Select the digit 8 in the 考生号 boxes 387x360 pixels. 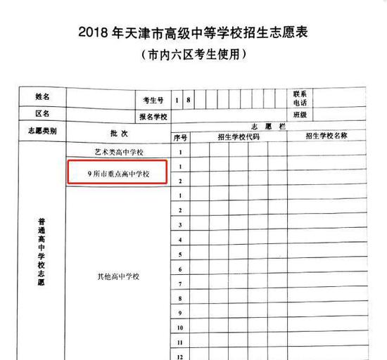click(189, 100)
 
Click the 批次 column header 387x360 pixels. click(118, 133)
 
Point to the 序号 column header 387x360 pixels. click(180, 137)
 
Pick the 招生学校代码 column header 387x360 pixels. click(238, 137)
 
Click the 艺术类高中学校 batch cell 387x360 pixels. click(118, 152)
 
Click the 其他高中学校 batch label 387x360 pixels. click(118, 276)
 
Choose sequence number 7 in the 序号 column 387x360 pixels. click(181, 284)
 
